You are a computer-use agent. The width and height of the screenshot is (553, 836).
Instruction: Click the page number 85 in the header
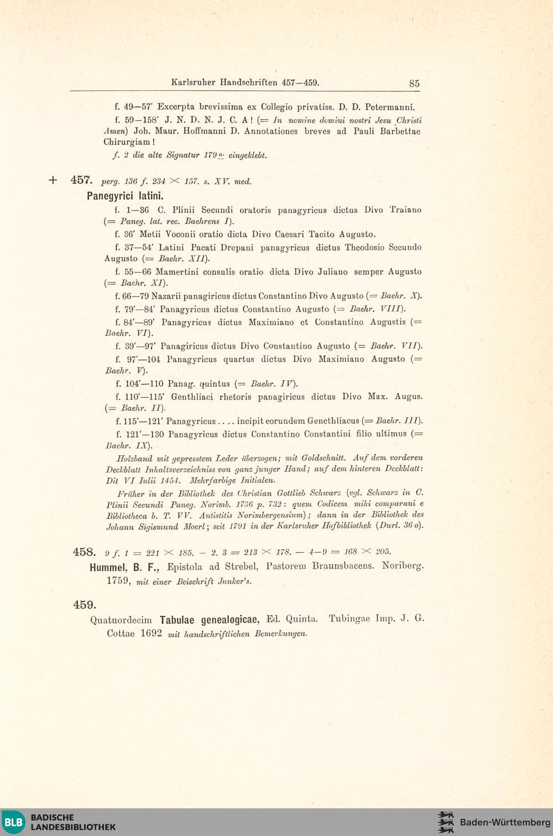414,84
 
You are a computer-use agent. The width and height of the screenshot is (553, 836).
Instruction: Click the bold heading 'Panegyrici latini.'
125,196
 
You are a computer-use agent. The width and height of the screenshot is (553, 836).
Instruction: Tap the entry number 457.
81,180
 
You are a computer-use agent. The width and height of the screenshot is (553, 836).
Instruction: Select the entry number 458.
84,552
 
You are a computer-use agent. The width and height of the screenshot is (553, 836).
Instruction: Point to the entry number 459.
85,605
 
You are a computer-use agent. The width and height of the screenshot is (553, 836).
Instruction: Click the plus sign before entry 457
53,180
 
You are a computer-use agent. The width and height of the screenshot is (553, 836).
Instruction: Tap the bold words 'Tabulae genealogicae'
209,620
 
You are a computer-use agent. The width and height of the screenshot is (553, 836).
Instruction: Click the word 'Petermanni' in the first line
390,107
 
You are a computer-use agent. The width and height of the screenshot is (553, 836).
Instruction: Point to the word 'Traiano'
405,210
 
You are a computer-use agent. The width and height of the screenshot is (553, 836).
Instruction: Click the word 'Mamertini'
180,272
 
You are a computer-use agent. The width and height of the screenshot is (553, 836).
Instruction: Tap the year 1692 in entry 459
151,634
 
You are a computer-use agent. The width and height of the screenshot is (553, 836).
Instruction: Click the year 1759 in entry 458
118,581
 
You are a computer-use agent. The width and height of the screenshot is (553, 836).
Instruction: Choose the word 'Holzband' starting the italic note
134,459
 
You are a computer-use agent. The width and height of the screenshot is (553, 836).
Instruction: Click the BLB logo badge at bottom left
14,822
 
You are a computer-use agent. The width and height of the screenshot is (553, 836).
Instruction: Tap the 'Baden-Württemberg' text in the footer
505,822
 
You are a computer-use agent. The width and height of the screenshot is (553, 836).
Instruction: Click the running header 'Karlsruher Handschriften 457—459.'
245,83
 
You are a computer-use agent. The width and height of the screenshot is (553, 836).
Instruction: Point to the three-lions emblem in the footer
446,822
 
